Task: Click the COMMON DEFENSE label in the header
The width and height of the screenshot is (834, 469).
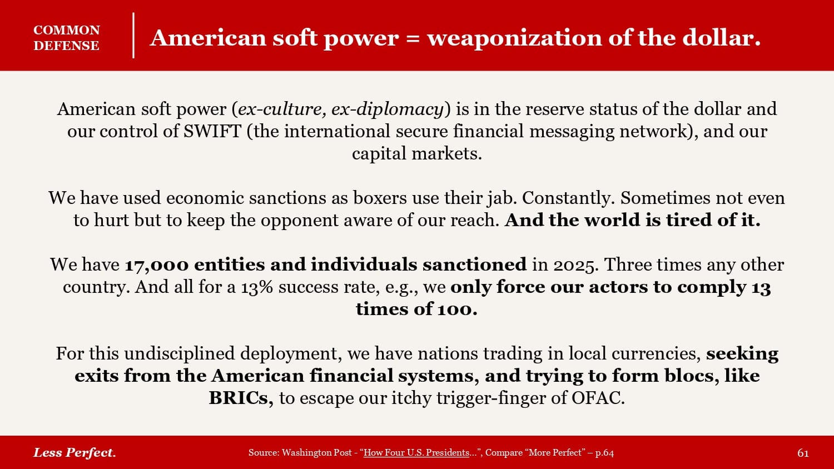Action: click(67, 38)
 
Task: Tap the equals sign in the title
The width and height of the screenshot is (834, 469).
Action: click(413, 38)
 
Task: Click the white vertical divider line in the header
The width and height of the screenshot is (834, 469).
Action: click(133, 36)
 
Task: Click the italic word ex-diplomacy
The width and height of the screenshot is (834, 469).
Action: click(387, 109)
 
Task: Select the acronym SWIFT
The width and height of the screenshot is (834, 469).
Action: click(212, 131)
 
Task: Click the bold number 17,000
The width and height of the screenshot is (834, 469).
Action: click(157, 265)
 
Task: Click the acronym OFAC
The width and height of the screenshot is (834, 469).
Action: click(598, 398)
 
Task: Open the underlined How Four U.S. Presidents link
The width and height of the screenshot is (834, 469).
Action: click(416, 453)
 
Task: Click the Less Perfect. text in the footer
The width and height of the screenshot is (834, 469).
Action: click(75, 453)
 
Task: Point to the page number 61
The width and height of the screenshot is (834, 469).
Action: click(803, 453)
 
